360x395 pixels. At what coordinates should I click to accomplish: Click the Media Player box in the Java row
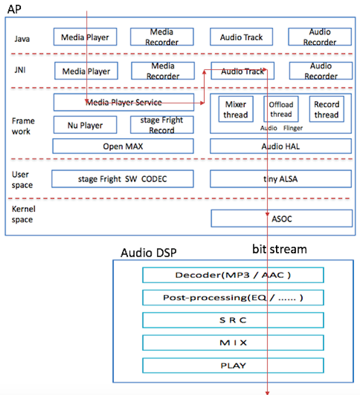coord(85,37)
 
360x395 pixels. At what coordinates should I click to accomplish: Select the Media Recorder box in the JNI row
coord(162,71)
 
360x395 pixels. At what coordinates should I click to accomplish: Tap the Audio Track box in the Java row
coord(242,37)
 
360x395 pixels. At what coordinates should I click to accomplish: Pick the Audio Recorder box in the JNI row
coord(320,71)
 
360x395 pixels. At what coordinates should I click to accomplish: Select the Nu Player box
coord(85,125)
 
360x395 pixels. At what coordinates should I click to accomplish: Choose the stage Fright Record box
coord(162,125)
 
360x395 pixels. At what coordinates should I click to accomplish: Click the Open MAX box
coord(123,146)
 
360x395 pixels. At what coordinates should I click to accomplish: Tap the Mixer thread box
coord(235,109)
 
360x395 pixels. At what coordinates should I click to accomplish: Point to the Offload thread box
coord(281,109)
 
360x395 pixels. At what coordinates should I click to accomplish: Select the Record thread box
coord(326,109)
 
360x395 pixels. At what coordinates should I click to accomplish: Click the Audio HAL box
coord(280,146)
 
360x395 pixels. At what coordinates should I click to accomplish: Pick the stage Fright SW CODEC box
coord(123,179)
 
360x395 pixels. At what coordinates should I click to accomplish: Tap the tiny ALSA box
coord(280,179)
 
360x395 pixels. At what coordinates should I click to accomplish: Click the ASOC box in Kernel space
coord(280,218)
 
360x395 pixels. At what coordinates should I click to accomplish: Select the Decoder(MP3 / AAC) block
coord(233,275)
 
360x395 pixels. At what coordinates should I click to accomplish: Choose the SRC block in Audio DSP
coord(233,320)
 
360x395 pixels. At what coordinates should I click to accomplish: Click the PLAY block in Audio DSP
coord(233,365)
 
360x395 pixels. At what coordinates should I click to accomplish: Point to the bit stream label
coord(280,249)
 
